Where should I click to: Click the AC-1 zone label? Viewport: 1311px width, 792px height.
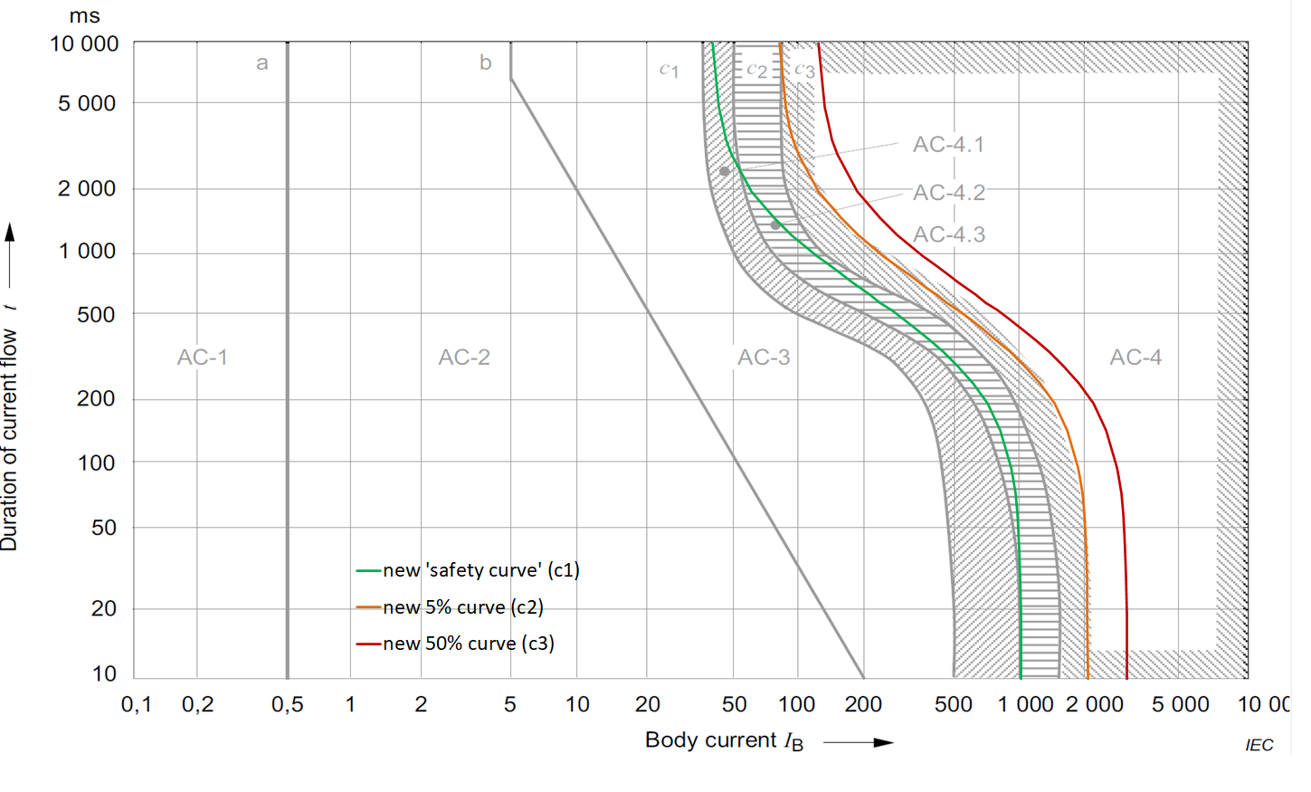pos(202,358)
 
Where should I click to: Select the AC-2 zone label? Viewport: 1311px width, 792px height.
pos(464,358)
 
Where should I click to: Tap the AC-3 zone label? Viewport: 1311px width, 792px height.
pos(764,358)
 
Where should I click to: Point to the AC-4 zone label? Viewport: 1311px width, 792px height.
pos(1135,358)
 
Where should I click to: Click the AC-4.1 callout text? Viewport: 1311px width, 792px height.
pos(948,145)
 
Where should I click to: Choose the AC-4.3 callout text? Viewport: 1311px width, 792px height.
pos(948,234)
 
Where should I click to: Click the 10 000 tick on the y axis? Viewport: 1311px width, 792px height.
pos(84,44)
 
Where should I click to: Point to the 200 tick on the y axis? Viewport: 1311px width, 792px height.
pos(96,398)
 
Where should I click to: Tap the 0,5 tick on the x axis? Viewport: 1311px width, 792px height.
pos(287,704)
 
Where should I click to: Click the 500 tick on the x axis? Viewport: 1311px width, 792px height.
pos(953,704)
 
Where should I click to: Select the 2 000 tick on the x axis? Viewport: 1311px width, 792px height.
pos(1094,704)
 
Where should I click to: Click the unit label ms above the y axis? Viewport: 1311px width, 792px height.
pos(84,16)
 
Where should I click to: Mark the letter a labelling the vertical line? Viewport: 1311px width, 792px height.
pos(262,63)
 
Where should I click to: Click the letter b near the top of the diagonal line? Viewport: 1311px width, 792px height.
pos(486,62)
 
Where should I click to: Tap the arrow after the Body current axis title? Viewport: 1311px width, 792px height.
pos(858,742)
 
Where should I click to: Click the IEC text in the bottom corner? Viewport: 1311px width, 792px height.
pos(1259,745)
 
